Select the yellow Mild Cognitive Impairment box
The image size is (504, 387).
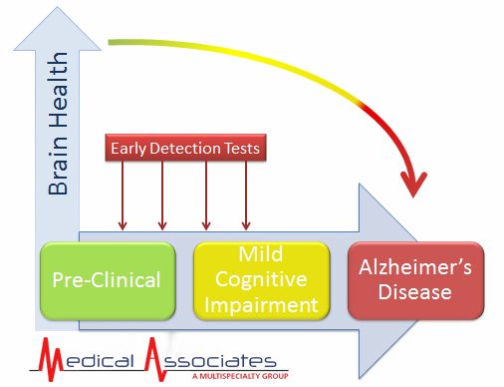click(x=261, y=279)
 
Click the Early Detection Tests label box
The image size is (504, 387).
click(x=185, y=149)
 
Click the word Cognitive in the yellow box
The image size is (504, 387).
click(x=261, y=279)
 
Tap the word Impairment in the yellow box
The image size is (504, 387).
click(x=261, y=303)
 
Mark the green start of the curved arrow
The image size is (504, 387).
click(x=113, y=43)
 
